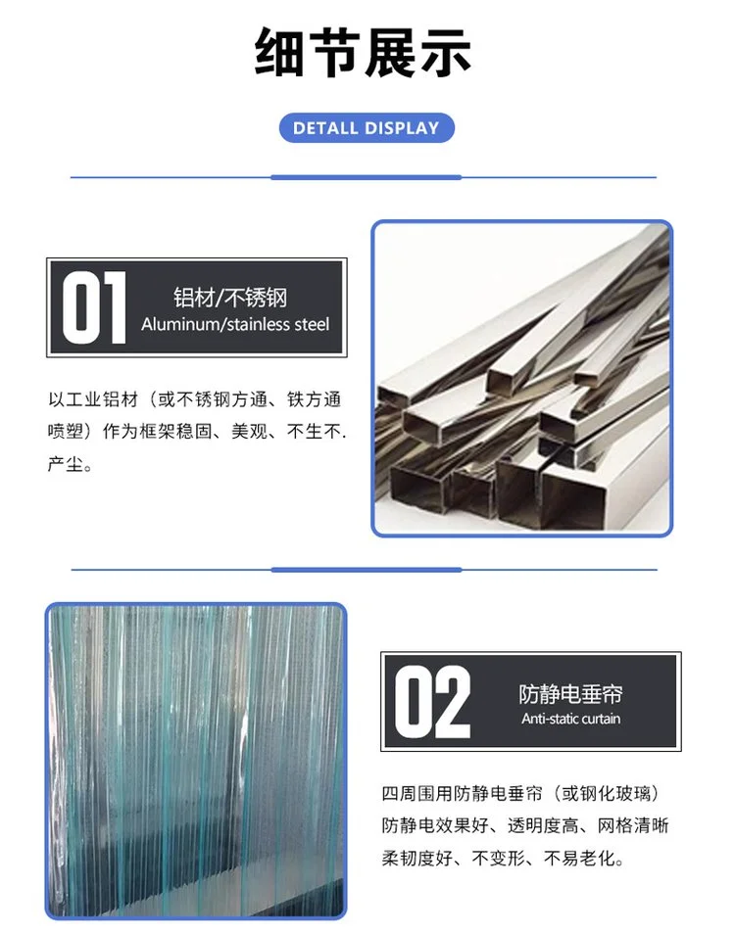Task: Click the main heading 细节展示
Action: coord(363,52)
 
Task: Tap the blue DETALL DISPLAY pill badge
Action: coord(367,128)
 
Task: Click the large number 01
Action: coord(94,307)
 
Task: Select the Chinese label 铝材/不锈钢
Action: coord(230,297)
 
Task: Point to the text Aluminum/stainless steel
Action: coord(235,324)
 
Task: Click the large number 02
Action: coord(432,702)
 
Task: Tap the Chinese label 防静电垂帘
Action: coord(570,694)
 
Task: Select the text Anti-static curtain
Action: coord(570,719)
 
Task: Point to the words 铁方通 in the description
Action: coord(314,399)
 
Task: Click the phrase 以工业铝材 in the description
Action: coord(93,399)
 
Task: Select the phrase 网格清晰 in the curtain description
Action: coord(633,825)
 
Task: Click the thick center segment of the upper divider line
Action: coord(367,177)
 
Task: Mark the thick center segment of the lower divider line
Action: coord(367,570)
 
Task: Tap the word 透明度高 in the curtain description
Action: coord(543,825)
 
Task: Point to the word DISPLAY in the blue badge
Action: coord(402,128)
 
